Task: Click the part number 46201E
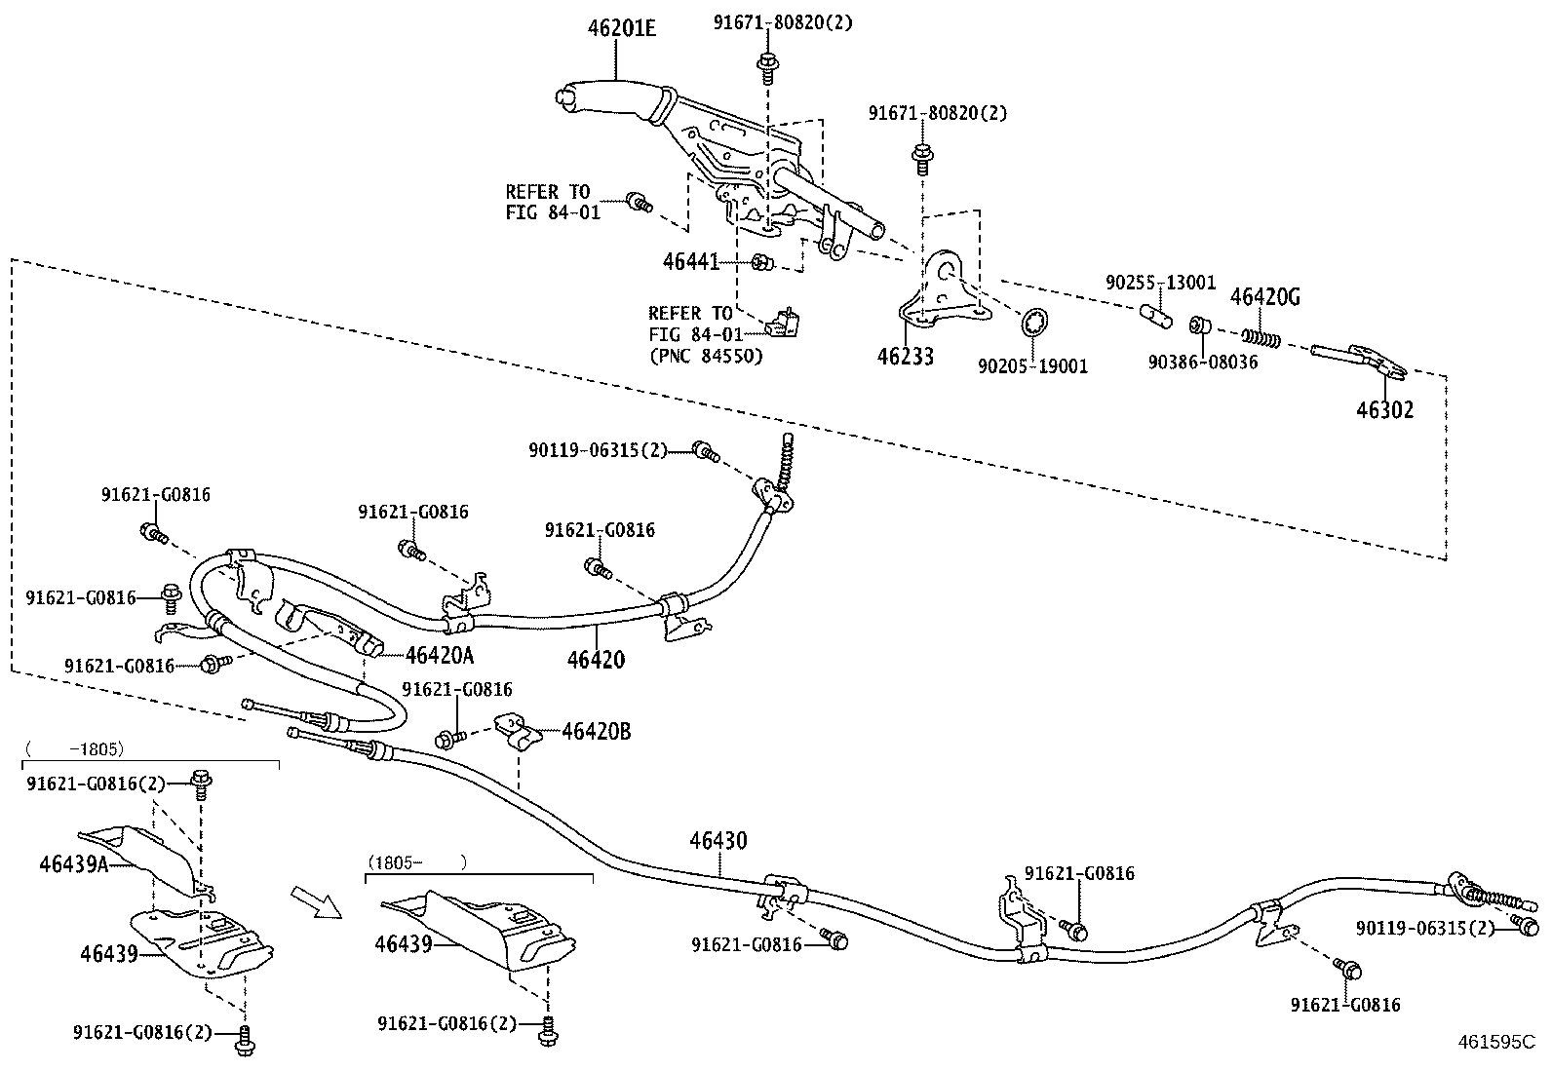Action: (621, 28)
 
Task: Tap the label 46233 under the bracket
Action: (905, 356)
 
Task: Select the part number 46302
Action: (1384, 409)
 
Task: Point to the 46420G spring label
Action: (1264, 296)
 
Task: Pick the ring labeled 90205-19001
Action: (1036, 321)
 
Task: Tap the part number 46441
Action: (690, 261)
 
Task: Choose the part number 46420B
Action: (596, 731)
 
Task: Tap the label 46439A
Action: (73, 862)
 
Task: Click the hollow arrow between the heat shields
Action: (316, 901)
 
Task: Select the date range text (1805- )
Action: (416, 862)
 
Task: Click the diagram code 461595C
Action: (1496, 1041)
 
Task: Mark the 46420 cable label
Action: (596, 659)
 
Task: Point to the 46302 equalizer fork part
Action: (1360, 359)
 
